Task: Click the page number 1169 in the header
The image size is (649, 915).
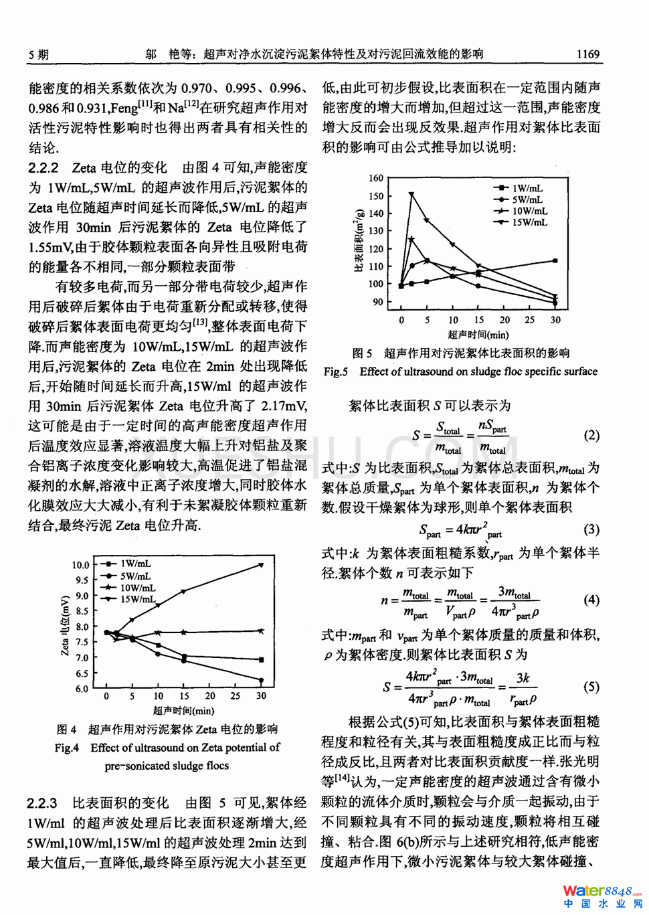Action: click(587, 54)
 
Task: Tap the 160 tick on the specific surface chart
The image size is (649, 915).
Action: click(376, 178)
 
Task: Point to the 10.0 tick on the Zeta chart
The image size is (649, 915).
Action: click(80, 565)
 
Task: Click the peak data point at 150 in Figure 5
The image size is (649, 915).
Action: click(411, 195)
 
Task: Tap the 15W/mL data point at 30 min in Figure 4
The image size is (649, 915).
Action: click(261, 565)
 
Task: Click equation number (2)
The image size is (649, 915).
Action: click(591, 436)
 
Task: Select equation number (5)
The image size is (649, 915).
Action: click(591, 687)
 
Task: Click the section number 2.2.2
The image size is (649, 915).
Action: click(43, 167)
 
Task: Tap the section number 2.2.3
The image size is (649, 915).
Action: click(42, 803)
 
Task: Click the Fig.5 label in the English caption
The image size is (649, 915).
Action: click(336, 371)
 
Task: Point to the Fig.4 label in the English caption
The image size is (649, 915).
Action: click(67, 748)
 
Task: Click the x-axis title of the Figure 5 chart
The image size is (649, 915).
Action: click(478, 335)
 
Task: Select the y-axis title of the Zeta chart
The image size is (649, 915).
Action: click(65, 625)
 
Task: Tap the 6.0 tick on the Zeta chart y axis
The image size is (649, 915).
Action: click(81, 689)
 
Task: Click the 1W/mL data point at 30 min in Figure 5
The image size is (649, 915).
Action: click(555, 261)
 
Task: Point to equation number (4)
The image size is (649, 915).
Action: click(591, 600)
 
